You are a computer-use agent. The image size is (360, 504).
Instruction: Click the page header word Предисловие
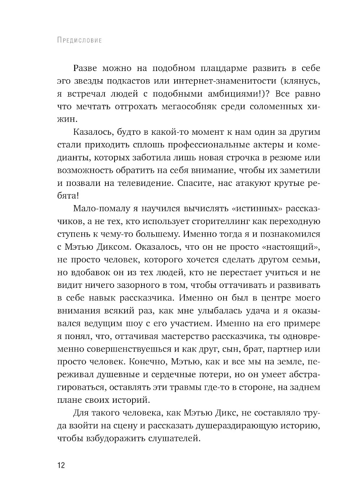point(79,40)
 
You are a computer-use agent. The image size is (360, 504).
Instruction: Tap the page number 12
point(60,465)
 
